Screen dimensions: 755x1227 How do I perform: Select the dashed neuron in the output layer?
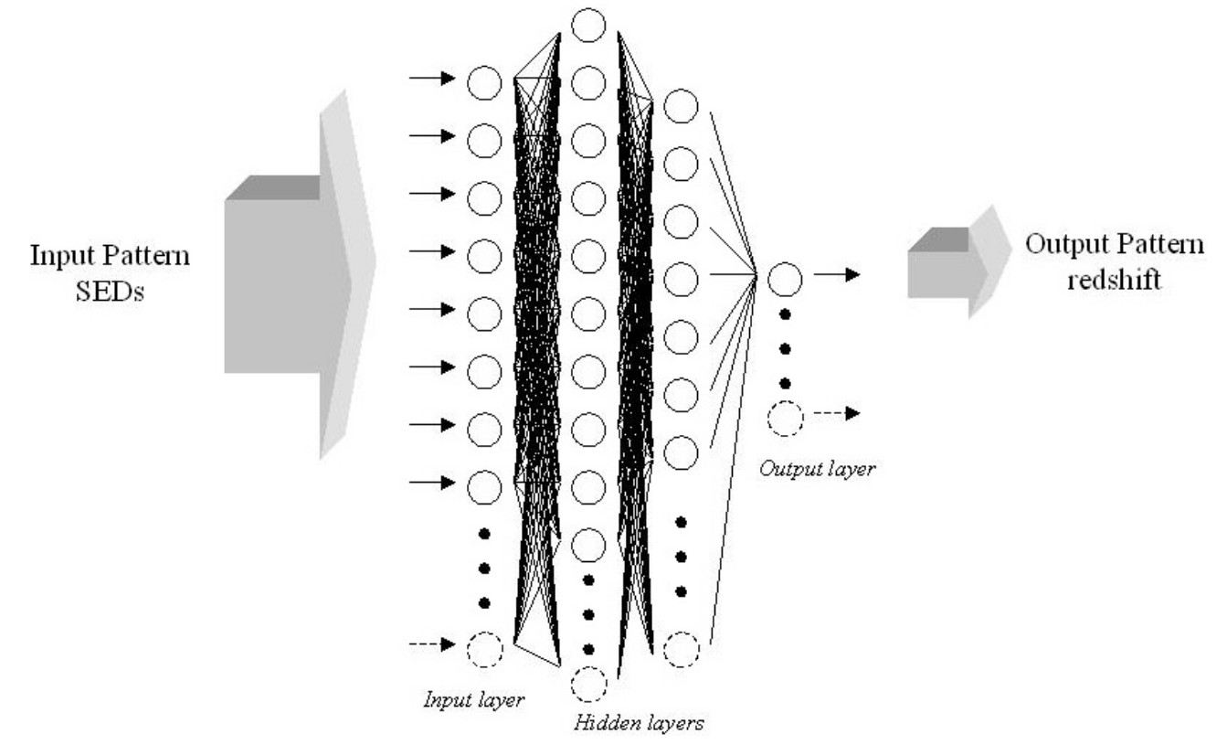point(785,418)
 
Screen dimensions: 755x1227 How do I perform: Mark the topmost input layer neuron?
point(485,83)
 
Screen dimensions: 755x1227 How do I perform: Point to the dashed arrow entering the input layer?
point(431,645)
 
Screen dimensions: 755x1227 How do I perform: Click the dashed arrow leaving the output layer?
point(838,414)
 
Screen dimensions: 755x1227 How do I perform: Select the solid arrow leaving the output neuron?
point(838,274)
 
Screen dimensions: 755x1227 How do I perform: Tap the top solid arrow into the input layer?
point(431,80)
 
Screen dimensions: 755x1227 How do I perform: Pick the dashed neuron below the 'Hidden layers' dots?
point(589,684)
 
